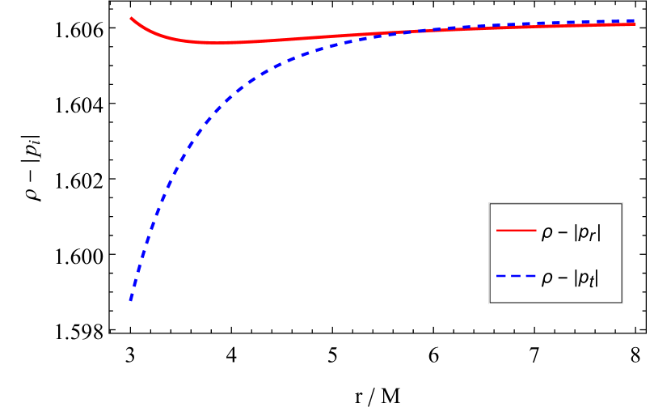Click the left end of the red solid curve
(131, 18)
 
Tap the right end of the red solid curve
(635, 24)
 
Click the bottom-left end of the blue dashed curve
(131, 301)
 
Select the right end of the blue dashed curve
(635, 21)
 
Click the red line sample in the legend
(516, 231)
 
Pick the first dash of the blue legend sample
(500, 277)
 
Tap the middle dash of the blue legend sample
(516, 277)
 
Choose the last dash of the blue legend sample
(531, 277)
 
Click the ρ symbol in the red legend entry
(547, 234)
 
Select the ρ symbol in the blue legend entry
(547, 279)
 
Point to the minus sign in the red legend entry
(562, 233)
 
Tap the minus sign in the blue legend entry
(562, 278)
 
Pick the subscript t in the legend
(592, 282)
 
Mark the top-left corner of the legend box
(489, 203)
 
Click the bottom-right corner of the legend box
(622, 303)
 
